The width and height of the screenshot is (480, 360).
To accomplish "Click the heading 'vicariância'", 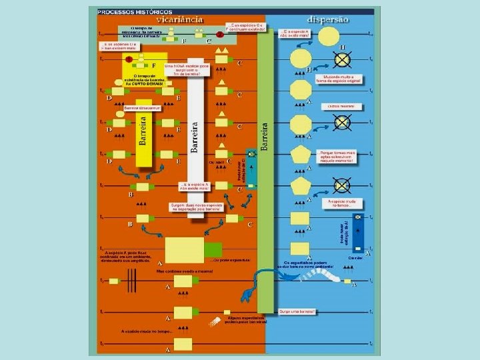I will pyautogui.click(x=181, y=20).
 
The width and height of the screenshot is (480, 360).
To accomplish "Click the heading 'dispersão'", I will pyautogui.click(x=328, y=20).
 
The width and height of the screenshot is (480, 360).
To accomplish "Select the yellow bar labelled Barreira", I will pyautogui.click(x=143, y=131).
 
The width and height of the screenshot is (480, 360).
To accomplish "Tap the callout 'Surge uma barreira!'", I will pyautogui.click(x=298, y=311).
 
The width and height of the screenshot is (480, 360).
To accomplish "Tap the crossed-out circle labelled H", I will pyautogui.click(x=342, y=60).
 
